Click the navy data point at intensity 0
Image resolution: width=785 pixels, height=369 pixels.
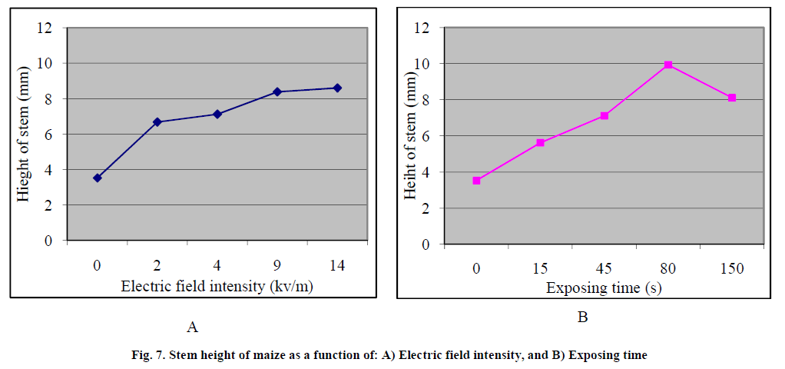click(97, 178)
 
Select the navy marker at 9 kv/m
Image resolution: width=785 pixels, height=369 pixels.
click(277, 91)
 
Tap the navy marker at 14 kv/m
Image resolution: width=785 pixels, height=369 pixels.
click(336, 88)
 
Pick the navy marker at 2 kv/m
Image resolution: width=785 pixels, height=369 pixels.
click(157, 121)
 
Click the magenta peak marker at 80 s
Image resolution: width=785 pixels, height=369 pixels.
click(668, 65)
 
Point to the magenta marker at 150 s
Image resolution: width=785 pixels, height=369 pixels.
click(732, 98)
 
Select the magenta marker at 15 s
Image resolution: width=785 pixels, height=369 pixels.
click(541, 142)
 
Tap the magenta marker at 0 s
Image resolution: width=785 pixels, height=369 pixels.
click(476, 181)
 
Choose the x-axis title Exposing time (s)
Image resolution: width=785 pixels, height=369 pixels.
click(604, 288)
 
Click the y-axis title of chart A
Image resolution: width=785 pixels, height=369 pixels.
click(25, 134)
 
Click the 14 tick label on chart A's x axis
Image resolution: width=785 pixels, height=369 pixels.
click(336, 265)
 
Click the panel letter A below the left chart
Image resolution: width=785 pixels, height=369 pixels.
click(192, 327)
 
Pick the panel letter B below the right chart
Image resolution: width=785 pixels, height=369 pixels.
click(581, 316)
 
